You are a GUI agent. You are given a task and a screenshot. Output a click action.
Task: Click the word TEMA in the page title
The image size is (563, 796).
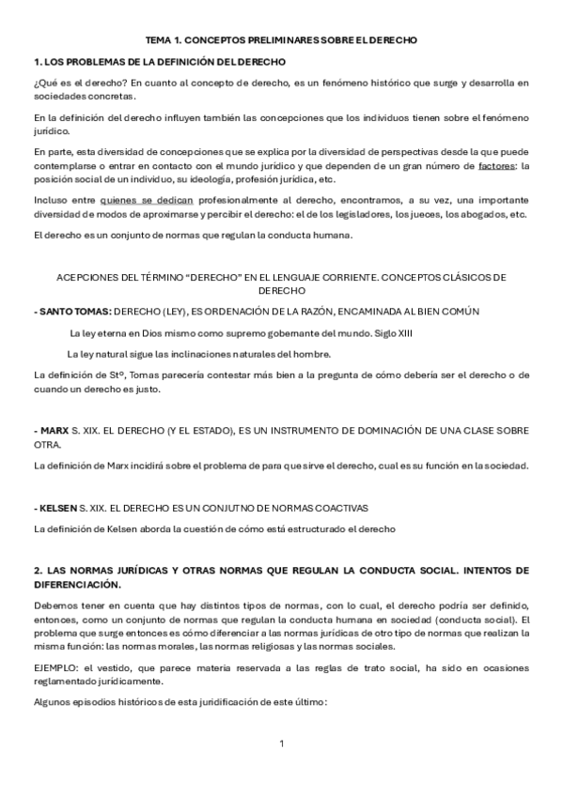[159, 41]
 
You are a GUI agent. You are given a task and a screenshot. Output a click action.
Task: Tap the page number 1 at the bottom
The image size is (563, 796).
[281, 743]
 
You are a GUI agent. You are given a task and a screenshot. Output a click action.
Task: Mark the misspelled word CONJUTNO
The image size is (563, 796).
[231, 508]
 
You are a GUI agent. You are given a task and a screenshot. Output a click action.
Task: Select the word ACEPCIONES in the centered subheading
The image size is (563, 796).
[91, 278]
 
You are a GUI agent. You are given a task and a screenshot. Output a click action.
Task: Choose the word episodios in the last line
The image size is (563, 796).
[95, 701]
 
